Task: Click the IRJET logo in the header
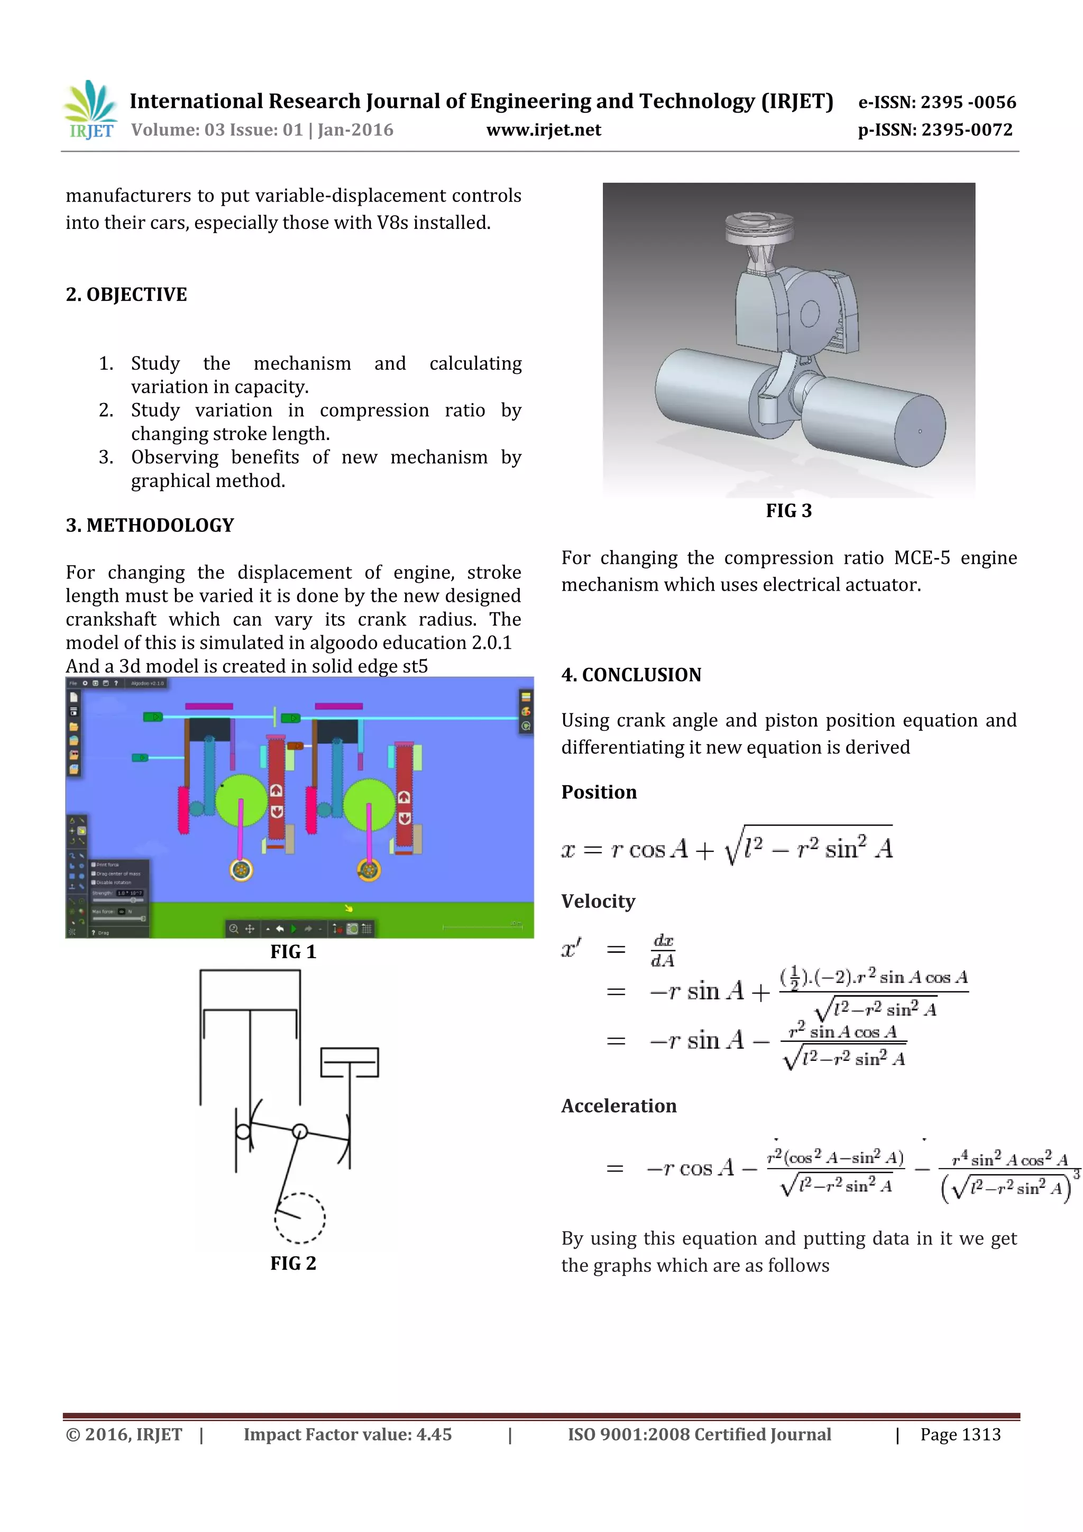click(90, 110)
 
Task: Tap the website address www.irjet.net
click(543, 130)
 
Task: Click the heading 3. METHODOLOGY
click(150, 525)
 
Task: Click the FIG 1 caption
click(293, 951)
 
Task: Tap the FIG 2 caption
click(293, 1263)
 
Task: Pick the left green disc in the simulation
click(241, 801)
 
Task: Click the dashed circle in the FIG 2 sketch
click(300, 1218)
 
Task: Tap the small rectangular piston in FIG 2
click(349, 1062)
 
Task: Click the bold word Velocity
click(598, 902)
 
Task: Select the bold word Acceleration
click(619, 1106)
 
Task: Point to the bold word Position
click(599, 792)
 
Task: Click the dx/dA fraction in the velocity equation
click(663, 950)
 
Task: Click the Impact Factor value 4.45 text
click(347, 1435)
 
